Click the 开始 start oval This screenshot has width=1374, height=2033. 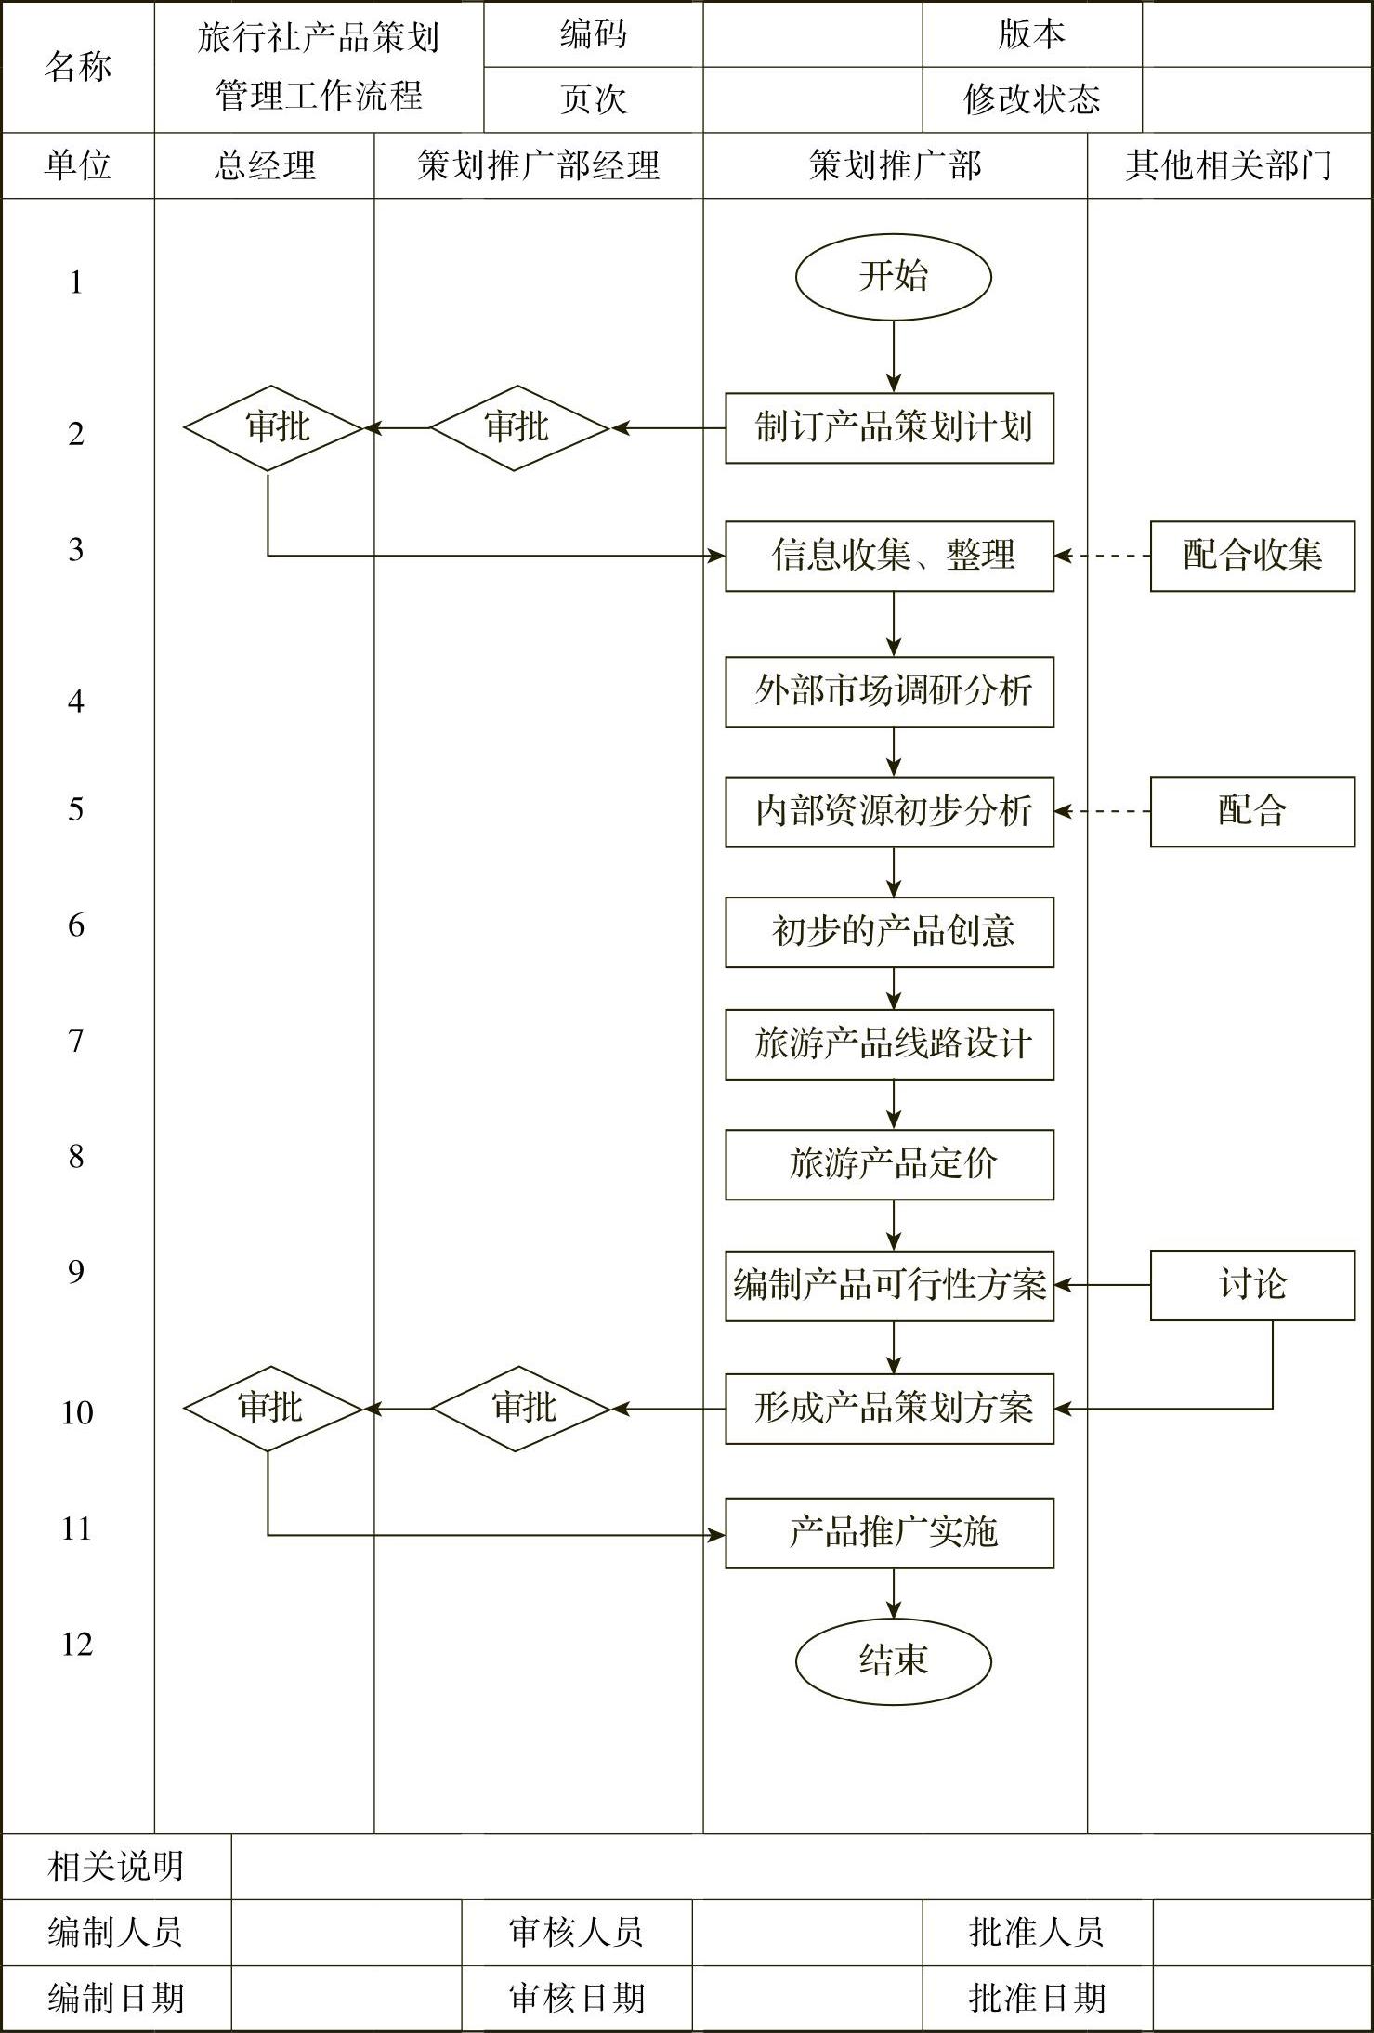point(893,277)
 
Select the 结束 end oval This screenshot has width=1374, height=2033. point(893,1660)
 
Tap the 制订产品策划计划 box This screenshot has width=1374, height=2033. point(889,428)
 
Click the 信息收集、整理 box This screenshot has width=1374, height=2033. point(889,556)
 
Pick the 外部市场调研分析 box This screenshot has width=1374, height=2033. point(889,691)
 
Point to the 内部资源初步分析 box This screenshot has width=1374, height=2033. point(889,811)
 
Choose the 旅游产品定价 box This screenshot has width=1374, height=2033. point(889,1164)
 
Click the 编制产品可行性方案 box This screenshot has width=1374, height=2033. point(889,1285)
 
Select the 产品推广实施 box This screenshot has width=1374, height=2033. point(889,1532)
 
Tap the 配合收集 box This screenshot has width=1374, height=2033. point(1252,556)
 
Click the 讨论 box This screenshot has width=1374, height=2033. point(1252,1285)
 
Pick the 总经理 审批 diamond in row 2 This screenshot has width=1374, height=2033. point(273,428)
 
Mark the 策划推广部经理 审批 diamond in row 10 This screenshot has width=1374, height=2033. point(520,1409)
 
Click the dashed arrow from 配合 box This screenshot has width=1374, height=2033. point(1103,811)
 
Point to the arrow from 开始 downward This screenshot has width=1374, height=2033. point(894,357)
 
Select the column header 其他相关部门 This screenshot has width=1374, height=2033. point(1229,165)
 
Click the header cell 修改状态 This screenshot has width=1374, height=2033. point(1031,99)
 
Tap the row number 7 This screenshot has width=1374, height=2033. point(76,1042)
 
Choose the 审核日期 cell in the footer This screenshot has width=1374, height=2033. point(576,1998)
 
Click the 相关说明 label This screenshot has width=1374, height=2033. point(116,1866)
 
